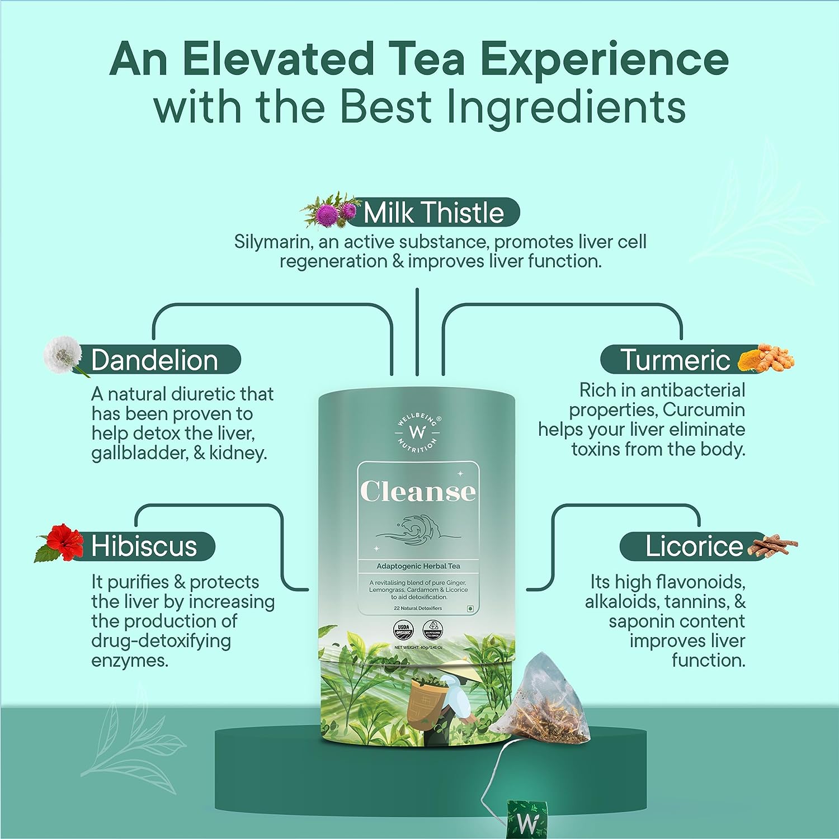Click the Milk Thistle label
click(x=433, y=213)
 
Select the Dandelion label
click(x=154, y=360)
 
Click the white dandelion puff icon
click(x=63, y=353)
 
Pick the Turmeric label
click(x=675, y=360)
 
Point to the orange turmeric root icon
click(x=766, y=359)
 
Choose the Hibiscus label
click(x=144, y=546)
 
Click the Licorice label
click(x=694, y=546)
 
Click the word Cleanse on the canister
click(x=418, y=491)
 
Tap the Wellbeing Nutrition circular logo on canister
click(x=418, y=432)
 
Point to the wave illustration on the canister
click(x=417, y=531)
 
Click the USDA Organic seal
click(x=403, y=630)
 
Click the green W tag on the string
click(x=526, y=819)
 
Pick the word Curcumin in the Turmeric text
click(x=704, y=410)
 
